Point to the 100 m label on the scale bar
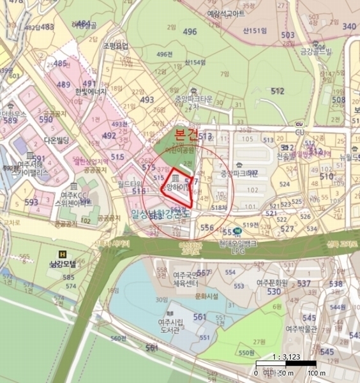tap(313, 373)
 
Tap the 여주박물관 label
tap(301, 329)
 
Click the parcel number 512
tap(277, 91)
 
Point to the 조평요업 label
tap(115, 46)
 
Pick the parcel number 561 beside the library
tap(200, 317)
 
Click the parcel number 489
tap(64, 84)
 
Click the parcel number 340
tap(349, 26)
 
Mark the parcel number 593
tap(31, 203)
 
